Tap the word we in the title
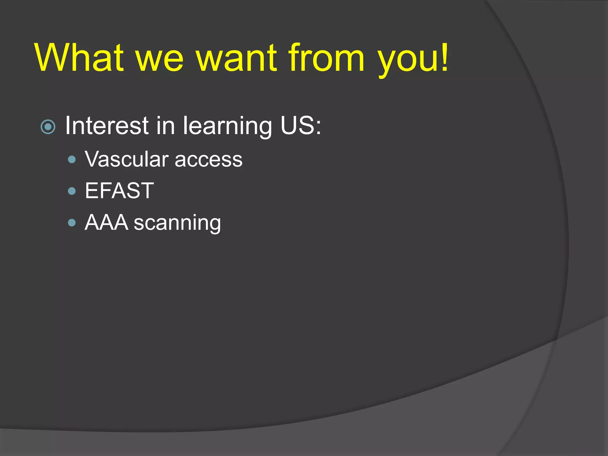tap(159, 61)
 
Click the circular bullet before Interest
tap(48, 127)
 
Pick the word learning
tap(227, 127)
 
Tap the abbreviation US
tap(297, 126)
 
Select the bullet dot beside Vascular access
tap(72, 160)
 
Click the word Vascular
tap(127, 159)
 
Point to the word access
tap(208, 161)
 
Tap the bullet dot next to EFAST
tap(72, 191)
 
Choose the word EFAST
tap(119, 191)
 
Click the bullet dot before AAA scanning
tap(72, 223)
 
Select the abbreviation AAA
tap(106, 222)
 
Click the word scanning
tap(177, 224)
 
